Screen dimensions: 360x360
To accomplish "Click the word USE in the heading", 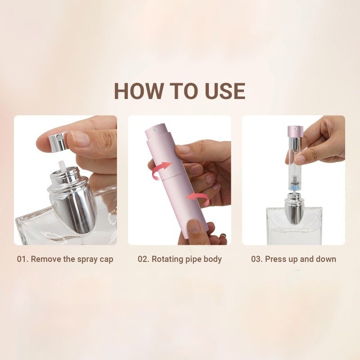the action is coord(225,91).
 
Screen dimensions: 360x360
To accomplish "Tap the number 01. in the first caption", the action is coord(22,259).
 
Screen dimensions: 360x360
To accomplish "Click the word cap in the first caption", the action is coord(107,260).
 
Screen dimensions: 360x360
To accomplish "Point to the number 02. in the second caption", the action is coord(144,259).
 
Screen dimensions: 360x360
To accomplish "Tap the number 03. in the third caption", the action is coord(257,259).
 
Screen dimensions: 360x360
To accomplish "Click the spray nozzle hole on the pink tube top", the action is coord(155,130).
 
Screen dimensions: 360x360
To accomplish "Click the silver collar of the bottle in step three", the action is coord(293,211).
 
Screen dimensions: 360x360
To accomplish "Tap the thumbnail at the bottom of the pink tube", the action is coord(194,226).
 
